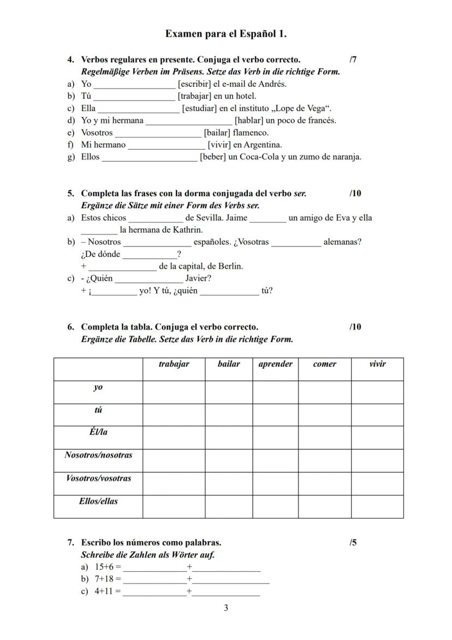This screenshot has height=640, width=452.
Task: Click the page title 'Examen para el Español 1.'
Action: point(226,34)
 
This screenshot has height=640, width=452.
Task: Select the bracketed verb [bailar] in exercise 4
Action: point(217,132)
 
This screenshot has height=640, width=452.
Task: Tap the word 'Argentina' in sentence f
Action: point(263,145)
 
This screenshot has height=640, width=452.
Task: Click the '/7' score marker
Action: point(353,60)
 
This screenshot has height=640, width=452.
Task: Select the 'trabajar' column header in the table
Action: point(174,364)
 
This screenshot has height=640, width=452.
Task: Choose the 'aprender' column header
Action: point(275,364)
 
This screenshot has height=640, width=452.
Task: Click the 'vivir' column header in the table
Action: point(377,364)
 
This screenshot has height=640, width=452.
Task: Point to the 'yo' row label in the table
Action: point(98,387)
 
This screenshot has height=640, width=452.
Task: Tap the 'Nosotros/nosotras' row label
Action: point(98,455)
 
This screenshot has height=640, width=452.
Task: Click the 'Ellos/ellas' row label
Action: point(98,501)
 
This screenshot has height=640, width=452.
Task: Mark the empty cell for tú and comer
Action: point(324,415)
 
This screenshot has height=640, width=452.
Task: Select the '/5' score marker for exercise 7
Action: point(353,543)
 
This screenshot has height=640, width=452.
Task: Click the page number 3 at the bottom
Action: point(226,608)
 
